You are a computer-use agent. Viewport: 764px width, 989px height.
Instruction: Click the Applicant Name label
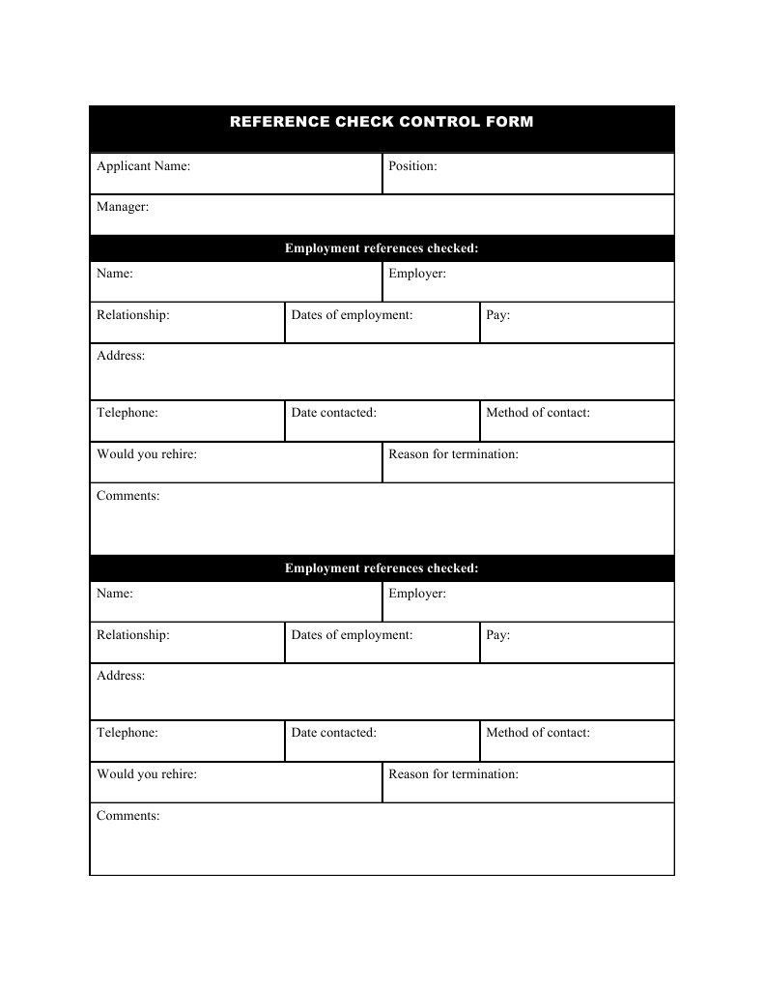(143, 166)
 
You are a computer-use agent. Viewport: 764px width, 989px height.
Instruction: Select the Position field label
(412, 166)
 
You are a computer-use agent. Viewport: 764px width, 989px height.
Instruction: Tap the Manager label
(123, 207)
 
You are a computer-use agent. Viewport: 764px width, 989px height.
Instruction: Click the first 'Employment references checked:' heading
(382, 249)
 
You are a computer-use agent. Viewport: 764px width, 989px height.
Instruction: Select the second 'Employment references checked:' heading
(382, 568)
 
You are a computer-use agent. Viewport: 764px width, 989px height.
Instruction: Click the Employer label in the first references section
(417, 275)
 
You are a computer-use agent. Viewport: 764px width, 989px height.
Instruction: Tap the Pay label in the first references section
(498, 315)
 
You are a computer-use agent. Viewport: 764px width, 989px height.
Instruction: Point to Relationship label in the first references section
(133, 315)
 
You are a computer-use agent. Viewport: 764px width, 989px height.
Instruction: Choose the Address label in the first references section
(121, 356)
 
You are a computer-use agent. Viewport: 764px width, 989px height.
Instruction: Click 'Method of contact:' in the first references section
(538, 413)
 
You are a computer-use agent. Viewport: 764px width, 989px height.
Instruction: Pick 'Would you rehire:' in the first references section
(147, 454)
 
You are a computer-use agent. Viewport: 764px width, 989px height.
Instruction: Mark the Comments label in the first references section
(128, 496)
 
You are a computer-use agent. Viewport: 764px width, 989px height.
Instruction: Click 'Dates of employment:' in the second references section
(352, 635)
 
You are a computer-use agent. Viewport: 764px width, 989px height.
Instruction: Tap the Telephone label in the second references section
(127, 733)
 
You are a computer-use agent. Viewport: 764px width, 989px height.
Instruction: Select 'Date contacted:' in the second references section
(333, 733)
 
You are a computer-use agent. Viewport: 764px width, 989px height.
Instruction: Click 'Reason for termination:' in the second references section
(453, 774)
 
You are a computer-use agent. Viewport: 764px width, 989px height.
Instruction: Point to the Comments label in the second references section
(128, 816)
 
